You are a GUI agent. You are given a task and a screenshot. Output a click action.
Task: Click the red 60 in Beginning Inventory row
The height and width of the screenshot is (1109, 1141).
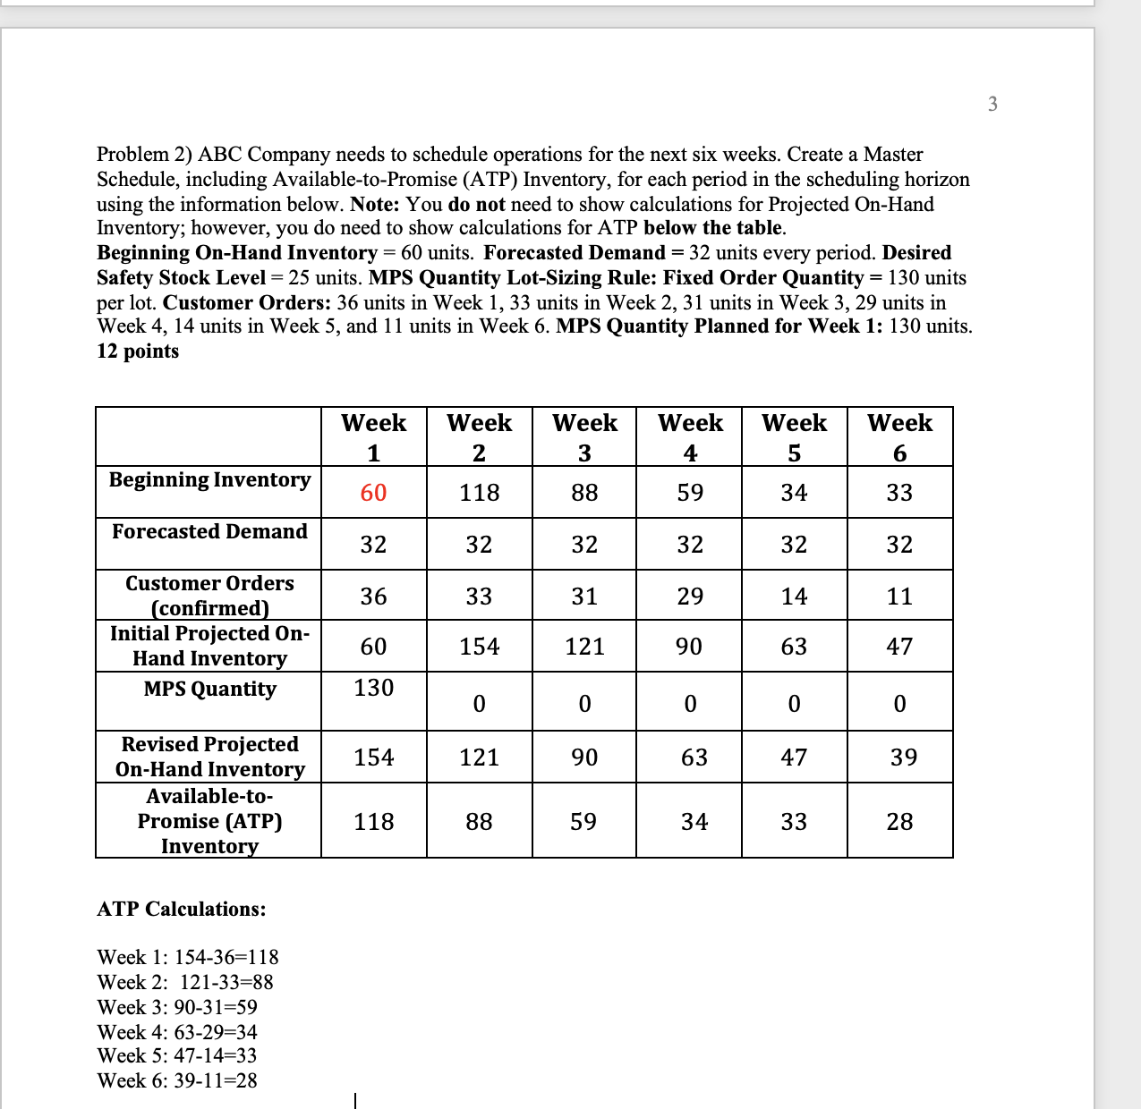[373, 493]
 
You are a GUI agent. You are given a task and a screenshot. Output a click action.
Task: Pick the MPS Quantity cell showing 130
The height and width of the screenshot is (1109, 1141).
[373, 688]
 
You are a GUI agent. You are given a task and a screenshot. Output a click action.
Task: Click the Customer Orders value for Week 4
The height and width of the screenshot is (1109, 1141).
[690, 597]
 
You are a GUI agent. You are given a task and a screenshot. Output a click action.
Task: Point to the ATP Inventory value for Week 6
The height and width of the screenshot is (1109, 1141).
[899, 822]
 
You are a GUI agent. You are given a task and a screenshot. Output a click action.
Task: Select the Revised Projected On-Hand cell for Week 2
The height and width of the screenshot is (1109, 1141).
[479, 758]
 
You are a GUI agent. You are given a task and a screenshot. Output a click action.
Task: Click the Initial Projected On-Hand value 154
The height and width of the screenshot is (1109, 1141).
[479, 647]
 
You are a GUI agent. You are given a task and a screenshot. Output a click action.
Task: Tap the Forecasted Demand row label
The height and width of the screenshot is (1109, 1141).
[209, 532]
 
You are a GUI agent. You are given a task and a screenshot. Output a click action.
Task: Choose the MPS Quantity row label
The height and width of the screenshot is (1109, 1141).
[209, 690]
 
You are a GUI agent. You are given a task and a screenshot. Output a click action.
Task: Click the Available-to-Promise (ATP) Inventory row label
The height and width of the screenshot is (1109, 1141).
[209, 821]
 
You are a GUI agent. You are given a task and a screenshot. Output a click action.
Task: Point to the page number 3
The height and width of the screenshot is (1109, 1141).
[992, 105]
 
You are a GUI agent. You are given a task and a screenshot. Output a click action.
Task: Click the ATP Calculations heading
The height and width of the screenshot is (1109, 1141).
[182, 910]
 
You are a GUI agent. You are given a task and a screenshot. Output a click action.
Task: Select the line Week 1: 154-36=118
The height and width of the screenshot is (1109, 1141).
[188, 957]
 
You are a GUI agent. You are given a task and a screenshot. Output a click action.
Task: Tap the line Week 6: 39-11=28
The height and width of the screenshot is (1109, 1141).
[177, 1080]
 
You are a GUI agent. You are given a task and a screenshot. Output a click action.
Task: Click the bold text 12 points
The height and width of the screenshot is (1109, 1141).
[138, 351]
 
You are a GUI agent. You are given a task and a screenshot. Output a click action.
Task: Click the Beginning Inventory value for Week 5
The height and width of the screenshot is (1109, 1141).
[794, 493]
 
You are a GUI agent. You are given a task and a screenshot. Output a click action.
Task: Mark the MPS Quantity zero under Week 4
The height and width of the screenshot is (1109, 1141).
[690, 705]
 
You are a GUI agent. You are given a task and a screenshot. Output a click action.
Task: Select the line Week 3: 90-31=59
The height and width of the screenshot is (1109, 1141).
[177, 1007]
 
